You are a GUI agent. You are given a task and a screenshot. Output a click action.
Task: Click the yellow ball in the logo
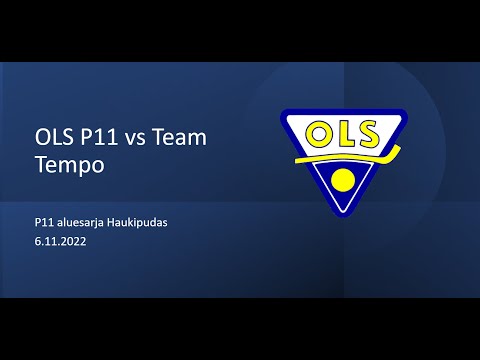[343, 181]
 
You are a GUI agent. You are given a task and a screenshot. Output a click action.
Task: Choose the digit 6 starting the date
[36, 241]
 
